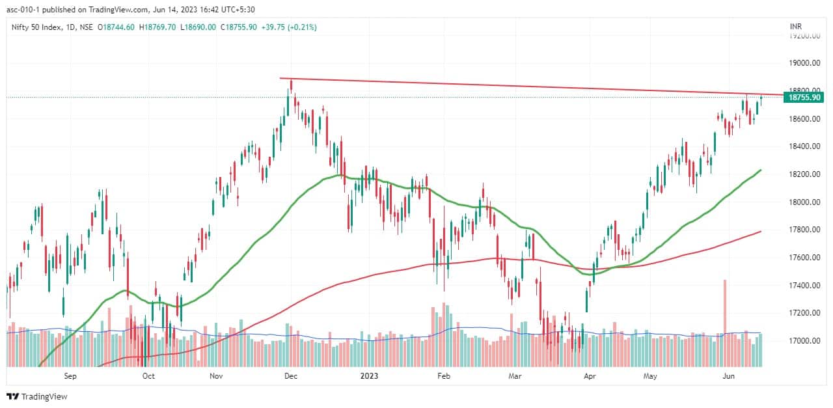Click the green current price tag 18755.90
click(805, 97)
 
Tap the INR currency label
click(795, 27)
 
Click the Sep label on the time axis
click(70, 375)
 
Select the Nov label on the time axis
click(217, 375)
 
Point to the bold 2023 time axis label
click(369, 375)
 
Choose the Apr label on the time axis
click(590, 375)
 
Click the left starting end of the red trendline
click(280, 79)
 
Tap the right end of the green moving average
click(761, 170)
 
